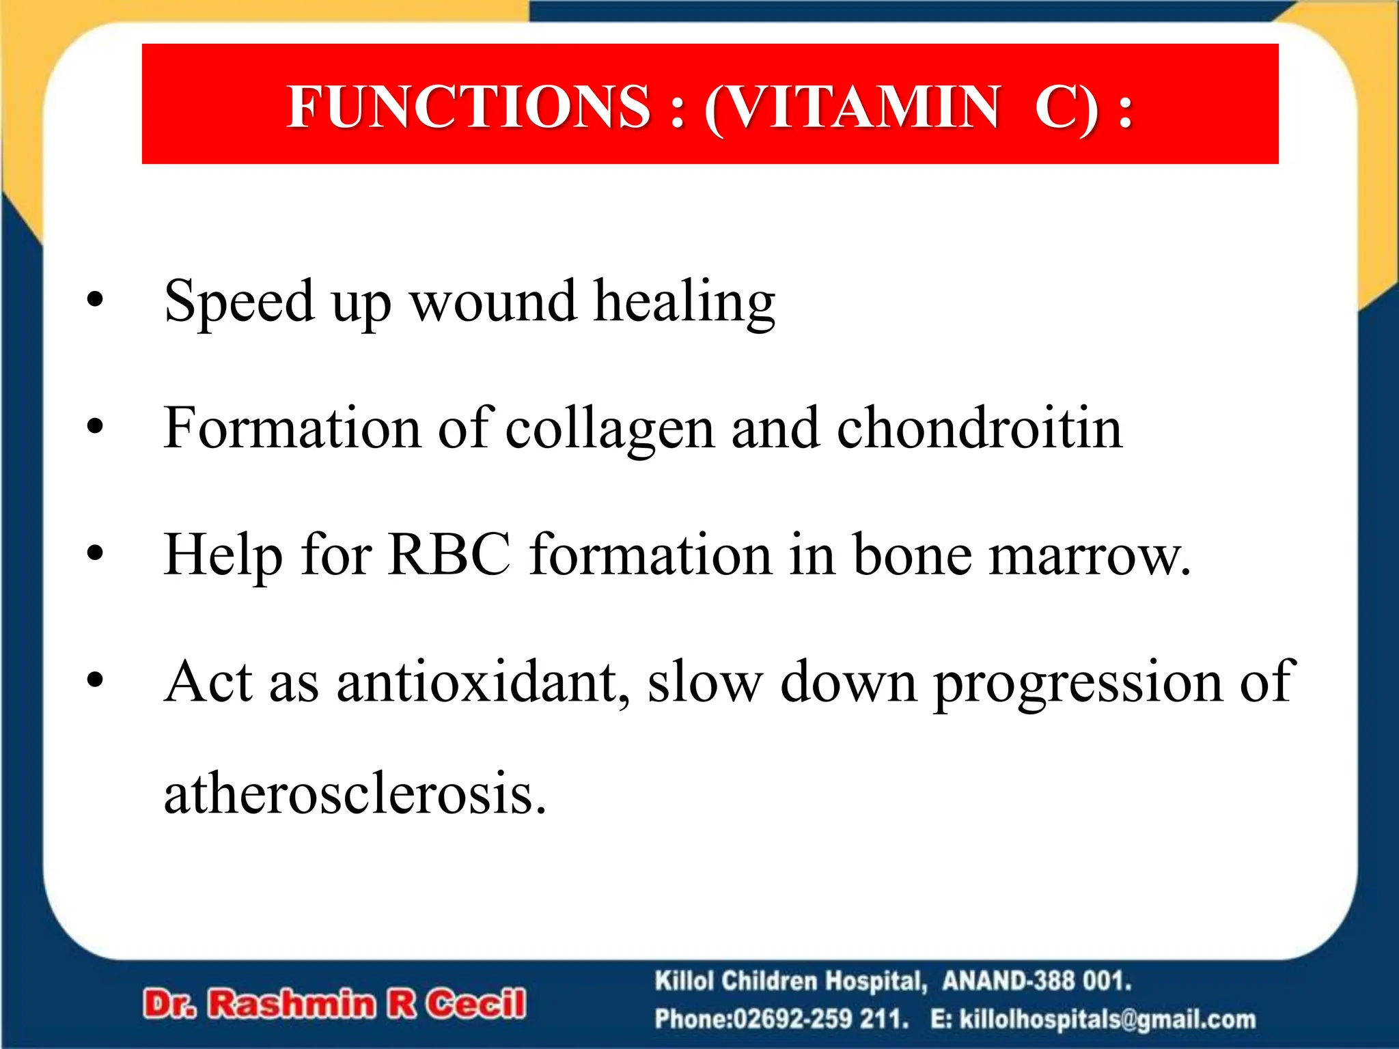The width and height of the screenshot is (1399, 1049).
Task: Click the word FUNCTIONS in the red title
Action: [469, 107]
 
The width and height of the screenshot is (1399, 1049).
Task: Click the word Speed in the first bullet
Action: [238, 301]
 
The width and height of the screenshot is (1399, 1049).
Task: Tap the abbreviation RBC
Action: [449, 555]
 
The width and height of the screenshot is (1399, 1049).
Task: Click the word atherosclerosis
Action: [355, 794]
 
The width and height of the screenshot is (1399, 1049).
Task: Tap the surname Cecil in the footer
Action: [476, 1004]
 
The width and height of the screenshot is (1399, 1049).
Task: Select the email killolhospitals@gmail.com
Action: [1107, 1020]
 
